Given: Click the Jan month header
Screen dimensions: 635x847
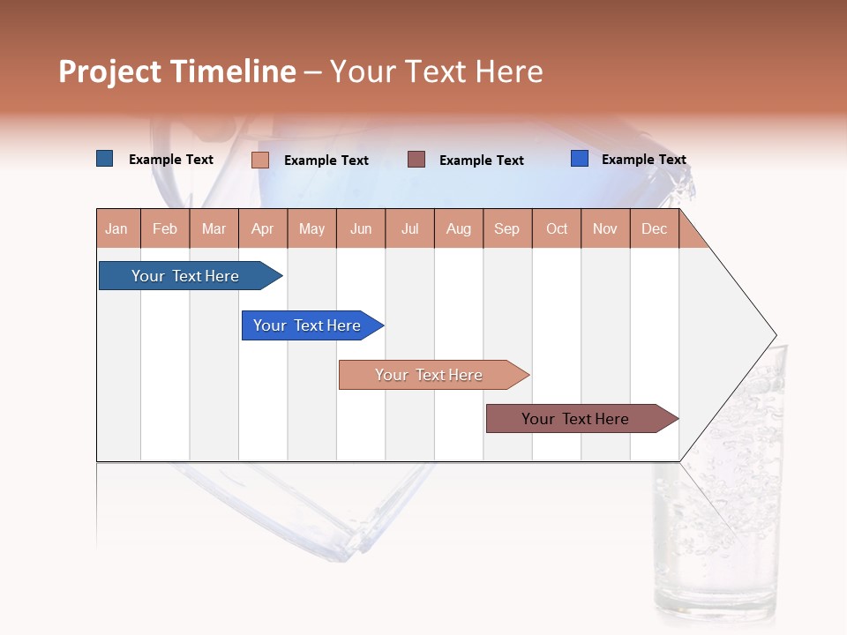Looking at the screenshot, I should (117, 228).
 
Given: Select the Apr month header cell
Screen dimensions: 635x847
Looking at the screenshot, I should (263, 228).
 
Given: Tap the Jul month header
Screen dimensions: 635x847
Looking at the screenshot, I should (410, 228).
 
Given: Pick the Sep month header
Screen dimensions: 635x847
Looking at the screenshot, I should (506, 228).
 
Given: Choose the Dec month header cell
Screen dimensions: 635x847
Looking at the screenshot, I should (654, 228).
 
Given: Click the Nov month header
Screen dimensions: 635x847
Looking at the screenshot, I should (605, 228).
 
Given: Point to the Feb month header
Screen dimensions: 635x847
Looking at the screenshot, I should (165, 228).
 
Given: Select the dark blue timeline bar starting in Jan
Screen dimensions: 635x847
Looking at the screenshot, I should (186, 276).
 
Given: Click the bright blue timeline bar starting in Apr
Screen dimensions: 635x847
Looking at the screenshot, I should (308, 325).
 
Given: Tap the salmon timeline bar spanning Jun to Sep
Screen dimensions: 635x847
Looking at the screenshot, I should (430, 375).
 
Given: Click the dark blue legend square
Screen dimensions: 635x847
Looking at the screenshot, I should (105, 159).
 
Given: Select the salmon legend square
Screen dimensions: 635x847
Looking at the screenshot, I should (260, 160).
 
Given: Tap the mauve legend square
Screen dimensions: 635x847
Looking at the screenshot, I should (416, 159).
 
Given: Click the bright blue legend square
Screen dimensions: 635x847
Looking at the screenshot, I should (580, 159).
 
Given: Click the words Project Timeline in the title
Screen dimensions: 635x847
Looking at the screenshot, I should (177, 71).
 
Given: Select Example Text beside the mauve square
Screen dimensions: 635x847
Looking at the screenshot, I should (481, 161).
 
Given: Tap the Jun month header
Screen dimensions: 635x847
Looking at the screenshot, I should (361, 228).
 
